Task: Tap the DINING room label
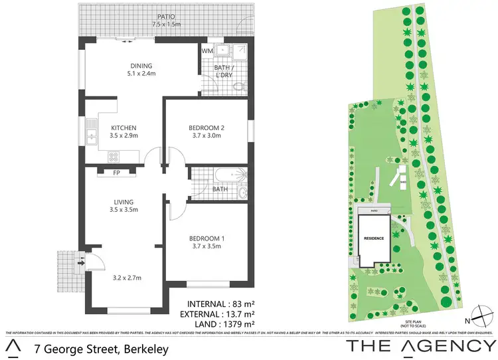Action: point(141,66)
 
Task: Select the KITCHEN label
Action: point(124,128)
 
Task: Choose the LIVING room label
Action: point(124,202)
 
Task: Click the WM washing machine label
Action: point(207,50)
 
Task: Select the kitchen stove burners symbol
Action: point(113,157)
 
